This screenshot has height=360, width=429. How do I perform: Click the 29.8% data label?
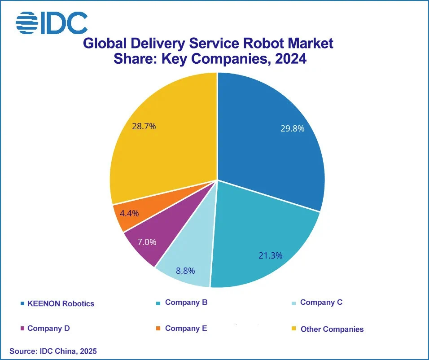pyautogui.click(x=293, y=128)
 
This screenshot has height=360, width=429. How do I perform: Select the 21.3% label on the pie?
pyautogui.click(x=270, y=255)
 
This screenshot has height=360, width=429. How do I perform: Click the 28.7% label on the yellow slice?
pyautogui.click(x=144, y=126)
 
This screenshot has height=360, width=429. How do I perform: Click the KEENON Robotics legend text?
pyautogui.click(x=61, y=303)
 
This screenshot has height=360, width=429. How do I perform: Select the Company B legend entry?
pyautogui.click(x=186, y=302)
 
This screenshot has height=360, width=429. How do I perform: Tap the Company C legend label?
pyautogui.click(x=321, y=302)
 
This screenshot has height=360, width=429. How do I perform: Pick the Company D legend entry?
pyautogui.click(x=48, y=328)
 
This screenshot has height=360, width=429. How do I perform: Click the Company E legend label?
pyautogui.click(x=186, y=328)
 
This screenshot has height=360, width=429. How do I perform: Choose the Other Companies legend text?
pyautogui.click(x=332, y=329)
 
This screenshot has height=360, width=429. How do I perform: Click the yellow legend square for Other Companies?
pyautogui.click(x=293, y=329)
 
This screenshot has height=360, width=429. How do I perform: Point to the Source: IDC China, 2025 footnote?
pyautogui.click(x=53, y=351)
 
